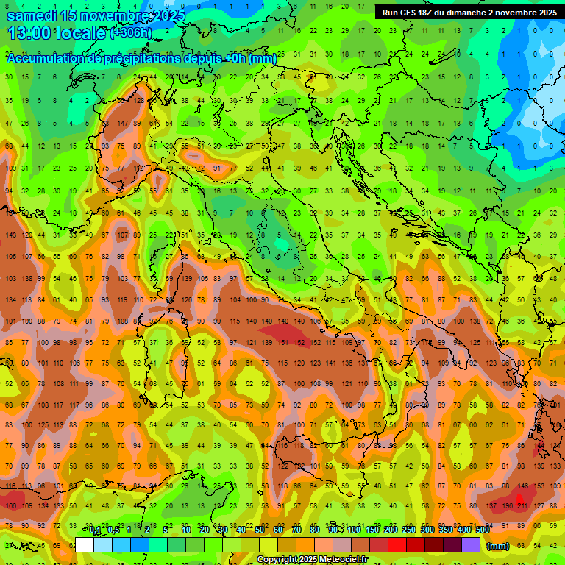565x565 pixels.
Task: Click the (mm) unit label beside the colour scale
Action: click(497, 546)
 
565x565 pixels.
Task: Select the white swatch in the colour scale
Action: click(85, 545)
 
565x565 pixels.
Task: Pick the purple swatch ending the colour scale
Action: click(471, 545)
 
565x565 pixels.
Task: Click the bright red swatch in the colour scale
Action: click(397, 545)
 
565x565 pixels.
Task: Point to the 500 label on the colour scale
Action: click(482, 530)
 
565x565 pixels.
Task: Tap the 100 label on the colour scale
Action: click(353, 530)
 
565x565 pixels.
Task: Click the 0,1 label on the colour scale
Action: click(95, 530)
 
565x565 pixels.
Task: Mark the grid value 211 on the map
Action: click(523, 505)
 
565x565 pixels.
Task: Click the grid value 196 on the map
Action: click(507, 505)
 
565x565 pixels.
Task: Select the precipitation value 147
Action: click(124, 124)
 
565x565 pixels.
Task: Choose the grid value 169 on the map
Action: click(26, 505)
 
